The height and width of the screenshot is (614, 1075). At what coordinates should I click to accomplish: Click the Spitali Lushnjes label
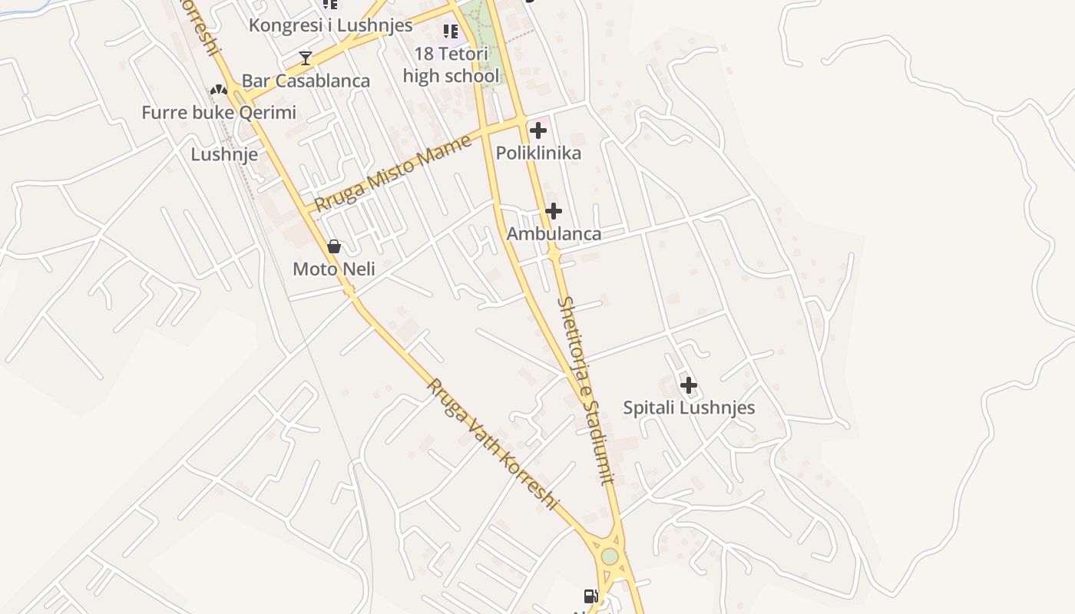(689, 408)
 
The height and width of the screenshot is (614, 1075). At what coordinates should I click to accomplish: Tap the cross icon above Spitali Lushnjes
(689, 385)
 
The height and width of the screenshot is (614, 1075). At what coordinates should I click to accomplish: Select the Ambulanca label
(554, 233)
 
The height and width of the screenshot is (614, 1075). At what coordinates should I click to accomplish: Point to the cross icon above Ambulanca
(554, 211)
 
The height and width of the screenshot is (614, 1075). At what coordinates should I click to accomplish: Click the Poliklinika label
(538, 153)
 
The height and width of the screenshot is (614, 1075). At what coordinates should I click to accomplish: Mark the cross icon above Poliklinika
(538, 130)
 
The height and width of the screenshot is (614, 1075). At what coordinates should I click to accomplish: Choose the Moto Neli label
(334, 269)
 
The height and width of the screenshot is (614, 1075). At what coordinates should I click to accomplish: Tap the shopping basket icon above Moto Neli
(334, 246)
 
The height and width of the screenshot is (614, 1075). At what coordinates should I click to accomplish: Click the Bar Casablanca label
(306, 81)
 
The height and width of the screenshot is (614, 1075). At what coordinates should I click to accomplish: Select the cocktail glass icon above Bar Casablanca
(306, 58)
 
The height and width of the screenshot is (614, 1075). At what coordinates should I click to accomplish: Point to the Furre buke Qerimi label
(219, 113)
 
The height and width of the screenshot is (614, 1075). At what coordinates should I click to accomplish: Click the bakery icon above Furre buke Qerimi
(219, 90)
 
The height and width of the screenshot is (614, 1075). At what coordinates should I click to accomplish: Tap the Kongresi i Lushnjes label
(330, 25)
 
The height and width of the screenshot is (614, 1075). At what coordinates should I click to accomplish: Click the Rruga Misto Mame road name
(393, 173)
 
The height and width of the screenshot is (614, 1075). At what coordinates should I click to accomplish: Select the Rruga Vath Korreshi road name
(491, 444)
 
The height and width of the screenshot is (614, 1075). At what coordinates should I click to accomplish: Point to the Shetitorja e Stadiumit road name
(587, 391)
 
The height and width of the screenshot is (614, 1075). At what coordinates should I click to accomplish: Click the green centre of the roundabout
(610, 556)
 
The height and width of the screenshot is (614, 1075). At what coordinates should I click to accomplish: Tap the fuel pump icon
(590, 596)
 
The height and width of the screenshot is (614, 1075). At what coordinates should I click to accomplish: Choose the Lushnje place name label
(224, 154)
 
